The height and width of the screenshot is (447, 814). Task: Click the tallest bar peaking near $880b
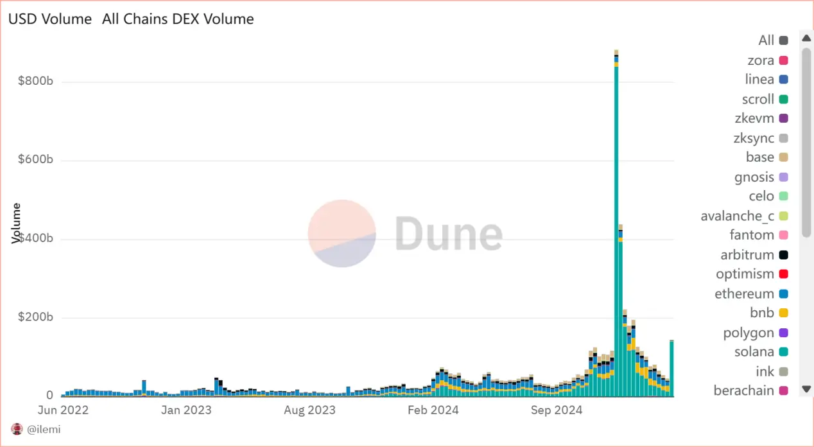click(x=616, y=225)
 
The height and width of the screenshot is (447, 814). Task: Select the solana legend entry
click(x=754, y=352)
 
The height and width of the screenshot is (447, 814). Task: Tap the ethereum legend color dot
click(x=784, y=294)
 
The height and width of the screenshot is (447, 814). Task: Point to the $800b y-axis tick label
click(x=35, y=82)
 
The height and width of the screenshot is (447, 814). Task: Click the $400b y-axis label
click(x=35, y=239)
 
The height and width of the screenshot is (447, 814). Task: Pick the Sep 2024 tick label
click(x=555, y=410)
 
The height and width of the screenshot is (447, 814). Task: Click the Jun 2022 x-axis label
click(x=63, y=410)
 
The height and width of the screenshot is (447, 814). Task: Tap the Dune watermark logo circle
click(x=342, y=233)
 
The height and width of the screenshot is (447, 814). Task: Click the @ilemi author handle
click(x=43, y=429)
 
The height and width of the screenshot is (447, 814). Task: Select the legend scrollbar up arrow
click(x=807, y=39)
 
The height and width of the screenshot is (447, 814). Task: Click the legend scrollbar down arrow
click(x=807, y=389)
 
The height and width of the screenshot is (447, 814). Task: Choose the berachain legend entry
click(x=743, y=390)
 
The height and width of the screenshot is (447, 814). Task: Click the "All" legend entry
click(x=766, y=40)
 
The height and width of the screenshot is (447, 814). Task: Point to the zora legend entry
click(x=761, y=60)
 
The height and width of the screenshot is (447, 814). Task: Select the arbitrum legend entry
click(x=747, y=255)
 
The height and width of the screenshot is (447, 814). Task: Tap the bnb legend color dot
click(x=784, y=313)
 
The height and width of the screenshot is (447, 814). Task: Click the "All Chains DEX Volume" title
click(x=178, y=19)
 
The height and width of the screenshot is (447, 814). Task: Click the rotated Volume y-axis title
click(x=17, y=223)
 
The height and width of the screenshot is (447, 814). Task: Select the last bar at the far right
click(x=671, y=369)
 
